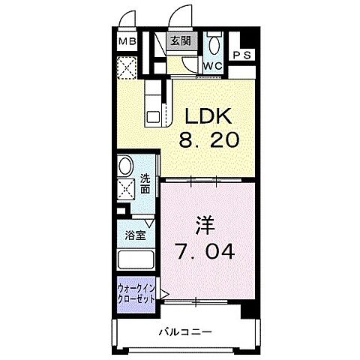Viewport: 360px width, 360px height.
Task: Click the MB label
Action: tap(127, 41)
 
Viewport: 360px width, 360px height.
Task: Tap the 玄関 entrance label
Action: tap(181, 40)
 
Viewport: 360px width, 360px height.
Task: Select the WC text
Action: tap(213, 66)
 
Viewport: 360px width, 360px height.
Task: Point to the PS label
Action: tap(242, 55)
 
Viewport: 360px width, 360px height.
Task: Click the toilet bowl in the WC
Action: tap(214, 45)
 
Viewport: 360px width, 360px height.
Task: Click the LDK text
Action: tap(208, 115)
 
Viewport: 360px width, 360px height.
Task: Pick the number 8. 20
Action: tap(209, 139)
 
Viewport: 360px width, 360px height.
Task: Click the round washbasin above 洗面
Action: tap(126, 166)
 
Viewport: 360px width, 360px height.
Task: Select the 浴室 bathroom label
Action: tap(135, 235)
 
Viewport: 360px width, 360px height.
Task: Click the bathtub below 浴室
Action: tap(136, 260)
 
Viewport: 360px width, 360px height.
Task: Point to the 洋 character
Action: tap(205, 225)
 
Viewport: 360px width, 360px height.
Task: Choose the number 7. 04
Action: tap(205, 250)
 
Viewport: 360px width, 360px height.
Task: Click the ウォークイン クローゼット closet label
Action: tap(136, 294)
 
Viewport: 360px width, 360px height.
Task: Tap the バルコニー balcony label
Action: tap(185, 332)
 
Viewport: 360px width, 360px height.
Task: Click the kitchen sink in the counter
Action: tap(153, 117)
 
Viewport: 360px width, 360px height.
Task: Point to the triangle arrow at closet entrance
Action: tap(164, 294)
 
